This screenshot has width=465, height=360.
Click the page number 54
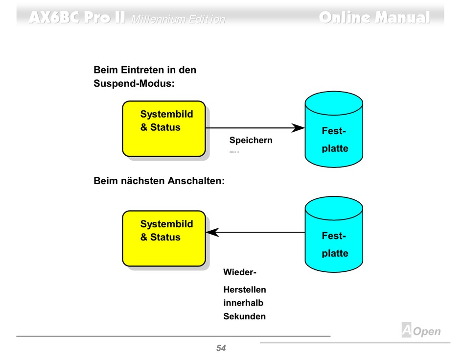tap(221, 348)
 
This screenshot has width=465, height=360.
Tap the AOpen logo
tap(421, 331)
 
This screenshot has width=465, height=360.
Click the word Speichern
tap(251, 141)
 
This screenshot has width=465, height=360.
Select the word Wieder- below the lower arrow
tap(240, 272)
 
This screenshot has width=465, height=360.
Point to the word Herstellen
tap(245, 289)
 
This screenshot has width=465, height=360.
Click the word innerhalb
tap(243, 303)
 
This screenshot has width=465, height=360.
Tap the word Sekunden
tap(245, 316)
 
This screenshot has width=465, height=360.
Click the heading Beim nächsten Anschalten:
tap(159, 181)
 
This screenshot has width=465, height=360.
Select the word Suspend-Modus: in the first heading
tap(134, 83)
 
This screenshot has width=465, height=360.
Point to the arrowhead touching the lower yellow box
tap(211, 232)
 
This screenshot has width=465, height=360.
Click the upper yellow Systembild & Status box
tap(163, 129)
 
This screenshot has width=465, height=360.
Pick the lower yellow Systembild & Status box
tap(163, 239)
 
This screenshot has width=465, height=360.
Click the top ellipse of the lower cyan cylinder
tap(334, 208)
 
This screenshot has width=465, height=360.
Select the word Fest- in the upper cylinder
tap(334, 131)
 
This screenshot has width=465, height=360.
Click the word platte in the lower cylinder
tap(335, 253)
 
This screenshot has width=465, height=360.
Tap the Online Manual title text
tap(374, 18)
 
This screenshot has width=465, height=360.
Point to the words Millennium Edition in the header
tap(178, 20)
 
